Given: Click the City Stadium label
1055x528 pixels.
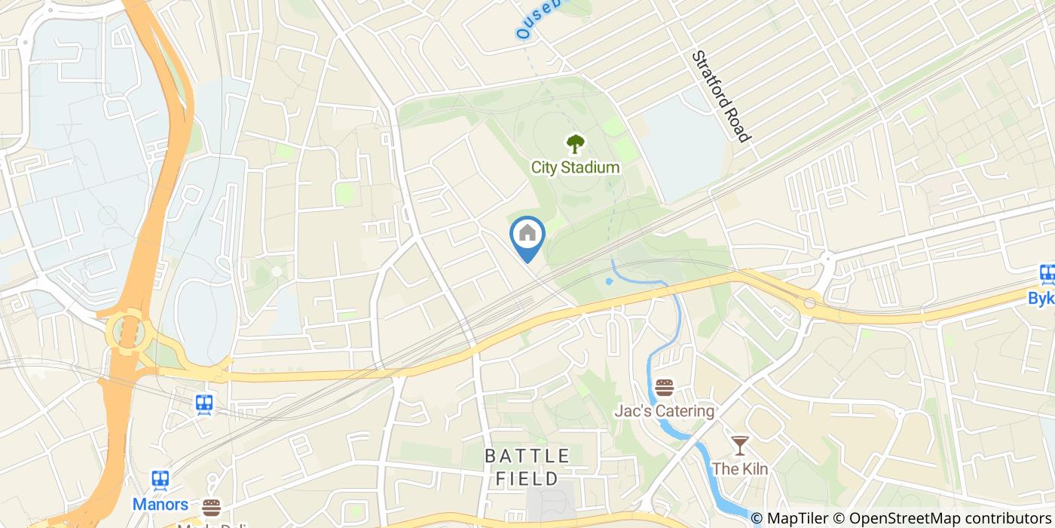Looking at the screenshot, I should tap(575, 167).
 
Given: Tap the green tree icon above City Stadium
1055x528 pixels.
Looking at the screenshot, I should tap(576, 143).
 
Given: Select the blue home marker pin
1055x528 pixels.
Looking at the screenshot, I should tap(527, 235).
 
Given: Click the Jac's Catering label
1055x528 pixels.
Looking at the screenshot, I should tap(664, 411).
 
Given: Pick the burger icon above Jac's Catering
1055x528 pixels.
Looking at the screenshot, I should tap(664, 388).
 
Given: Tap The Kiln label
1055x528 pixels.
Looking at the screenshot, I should tap(740, 468).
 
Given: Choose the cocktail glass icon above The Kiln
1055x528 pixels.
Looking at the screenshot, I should tap(739, 445).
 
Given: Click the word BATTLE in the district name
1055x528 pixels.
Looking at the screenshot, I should tap(527, 456).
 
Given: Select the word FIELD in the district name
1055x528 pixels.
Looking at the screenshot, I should tap(527, 478).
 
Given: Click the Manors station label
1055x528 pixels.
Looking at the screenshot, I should tap(160, 504).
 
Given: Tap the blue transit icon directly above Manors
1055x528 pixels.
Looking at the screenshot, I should tap(160, 480).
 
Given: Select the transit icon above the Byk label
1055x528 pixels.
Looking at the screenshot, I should tap(1047, 275).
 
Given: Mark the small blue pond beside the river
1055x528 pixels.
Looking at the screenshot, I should tap(609, 282).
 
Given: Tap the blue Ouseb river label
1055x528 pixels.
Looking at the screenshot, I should tap(539, 20).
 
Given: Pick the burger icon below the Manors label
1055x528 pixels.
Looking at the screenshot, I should tap(211, 507).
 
